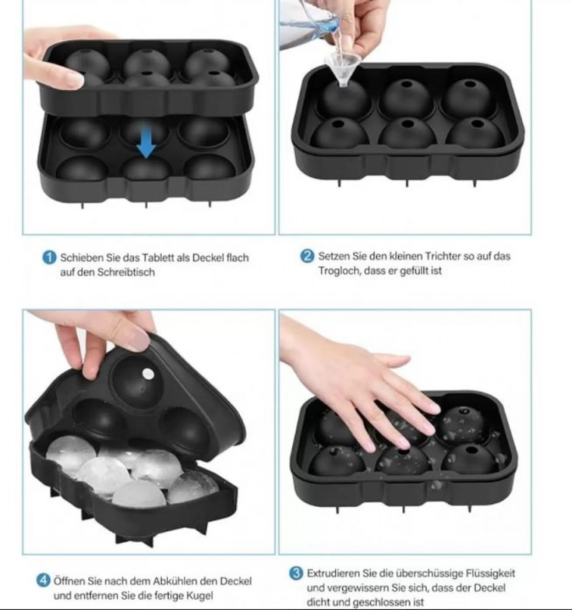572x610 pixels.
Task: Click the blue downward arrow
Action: point(146,142)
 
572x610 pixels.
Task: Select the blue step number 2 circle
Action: point(307,256)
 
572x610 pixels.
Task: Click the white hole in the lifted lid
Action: point(148,374)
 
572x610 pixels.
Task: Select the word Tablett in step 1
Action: point(158,257)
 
